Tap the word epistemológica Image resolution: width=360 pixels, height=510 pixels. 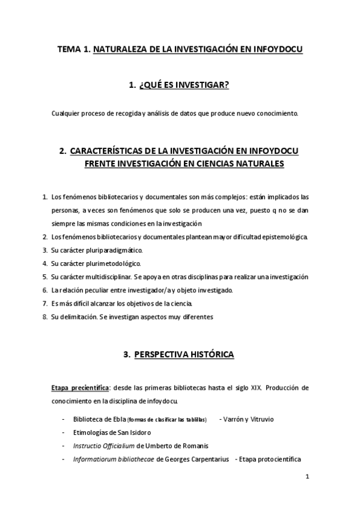(280, 236)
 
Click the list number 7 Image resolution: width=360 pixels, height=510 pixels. (44, 303)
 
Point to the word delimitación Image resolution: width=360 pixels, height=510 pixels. (78, 316)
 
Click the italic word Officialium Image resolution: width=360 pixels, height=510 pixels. (116, 446)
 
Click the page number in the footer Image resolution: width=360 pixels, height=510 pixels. (307, 478)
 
